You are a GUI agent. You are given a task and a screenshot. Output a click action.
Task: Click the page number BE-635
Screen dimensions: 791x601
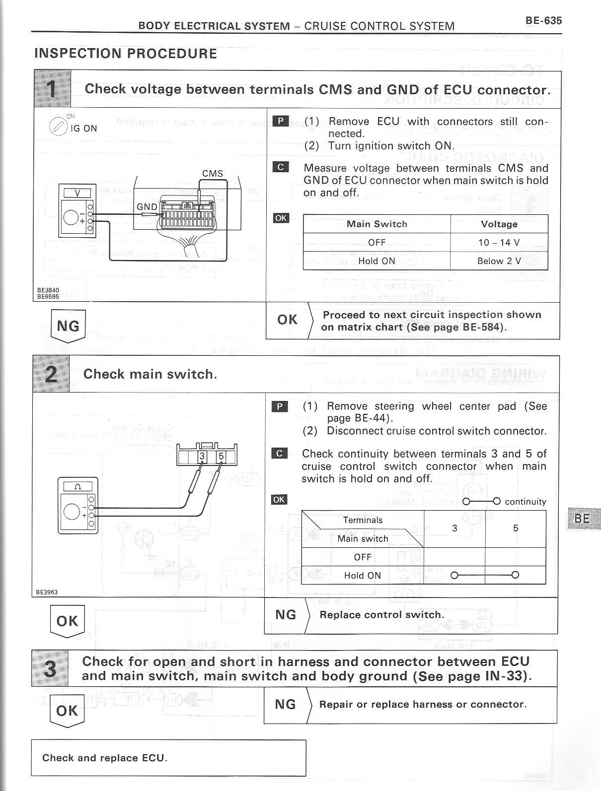coord(543,21)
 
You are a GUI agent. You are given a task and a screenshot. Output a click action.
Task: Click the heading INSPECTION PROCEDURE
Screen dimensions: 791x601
coord(126,54)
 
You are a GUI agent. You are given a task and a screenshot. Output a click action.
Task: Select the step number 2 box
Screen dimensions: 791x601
coord(51,374)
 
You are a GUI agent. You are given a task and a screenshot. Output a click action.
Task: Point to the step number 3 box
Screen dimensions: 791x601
coord(50,668)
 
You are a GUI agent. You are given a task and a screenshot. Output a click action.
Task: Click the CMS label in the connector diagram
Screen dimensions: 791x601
coord(213,173)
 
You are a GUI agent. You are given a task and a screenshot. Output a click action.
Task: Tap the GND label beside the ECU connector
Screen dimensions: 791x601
coord(147,206)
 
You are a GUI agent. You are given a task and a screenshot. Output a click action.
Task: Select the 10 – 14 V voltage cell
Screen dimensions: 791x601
coord(499,243)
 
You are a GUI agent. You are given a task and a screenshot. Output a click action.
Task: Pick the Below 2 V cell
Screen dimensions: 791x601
coord(499,261)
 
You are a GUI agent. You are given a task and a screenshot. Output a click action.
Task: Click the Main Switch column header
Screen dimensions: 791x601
coord(376,224)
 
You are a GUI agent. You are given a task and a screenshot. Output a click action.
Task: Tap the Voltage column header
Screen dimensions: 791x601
coord(499,224)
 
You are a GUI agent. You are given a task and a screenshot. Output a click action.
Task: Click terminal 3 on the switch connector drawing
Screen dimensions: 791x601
coord(202,456)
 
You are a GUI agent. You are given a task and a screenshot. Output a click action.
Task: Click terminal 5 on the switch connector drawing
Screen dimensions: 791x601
coord(221,456)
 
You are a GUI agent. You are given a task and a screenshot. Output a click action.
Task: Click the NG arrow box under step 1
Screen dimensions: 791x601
coord(68,326)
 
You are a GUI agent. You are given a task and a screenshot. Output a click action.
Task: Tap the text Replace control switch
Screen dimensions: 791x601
coord(381,615)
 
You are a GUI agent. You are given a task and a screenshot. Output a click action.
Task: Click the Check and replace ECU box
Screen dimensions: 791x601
coord(168,758)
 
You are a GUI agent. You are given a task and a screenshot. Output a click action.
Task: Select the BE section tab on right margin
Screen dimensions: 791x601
coord(582,519)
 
